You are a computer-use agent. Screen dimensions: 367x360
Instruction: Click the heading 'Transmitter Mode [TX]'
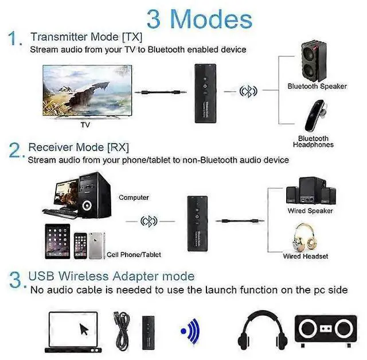(x=87, y=37)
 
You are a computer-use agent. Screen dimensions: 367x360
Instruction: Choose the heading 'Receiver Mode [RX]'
(x=79, y=147)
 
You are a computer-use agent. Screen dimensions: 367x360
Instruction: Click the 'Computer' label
(x=134, y=198)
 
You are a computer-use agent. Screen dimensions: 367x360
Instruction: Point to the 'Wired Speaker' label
(x=310, y=211)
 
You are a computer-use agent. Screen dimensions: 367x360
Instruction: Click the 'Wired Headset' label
(x=306, y=256)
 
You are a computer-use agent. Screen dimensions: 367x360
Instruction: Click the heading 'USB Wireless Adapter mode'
(x=111, y=277)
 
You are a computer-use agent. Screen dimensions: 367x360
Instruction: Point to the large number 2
(x=15, y=151)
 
